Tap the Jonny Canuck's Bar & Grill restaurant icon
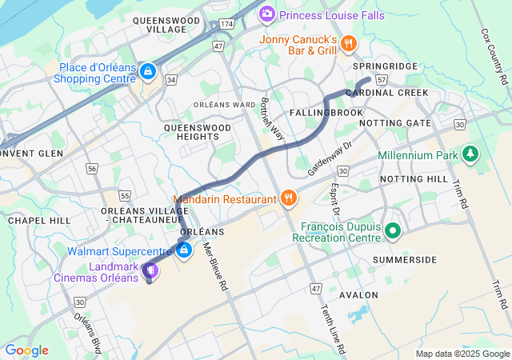(348, 42)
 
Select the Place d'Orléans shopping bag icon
(147, 72)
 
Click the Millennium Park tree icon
(471, 153)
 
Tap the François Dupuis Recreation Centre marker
(392, 232)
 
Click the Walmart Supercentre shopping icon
(185, 250)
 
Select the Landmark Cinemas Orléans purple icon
(149, 272)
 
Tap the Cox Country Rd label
(494, 58)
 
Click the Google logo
(26, 350)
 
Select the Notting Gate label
(395, 123)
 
